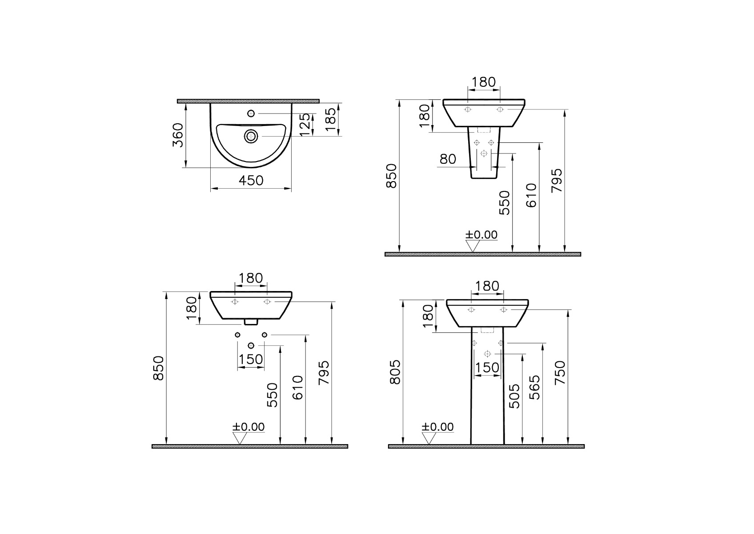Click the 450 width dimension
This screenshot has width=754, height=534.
(251, 181)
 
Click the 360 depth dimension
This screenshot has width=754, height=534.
(178, 135)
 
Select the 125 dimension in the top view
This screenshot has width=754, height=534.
(305, 124)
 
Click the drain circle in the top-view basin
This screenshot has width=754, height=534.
(251, 136)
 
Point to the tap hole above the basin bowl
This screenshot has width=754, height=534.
(251, 113)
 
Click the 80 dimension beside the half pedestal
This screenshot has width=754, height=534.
(447, 159)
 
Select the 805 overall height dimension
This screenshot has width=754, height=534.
(395, 372)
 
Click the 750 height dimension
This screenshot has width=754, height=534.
(560, 372)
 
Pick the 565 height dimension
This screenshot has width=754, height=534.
(534, 388)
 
